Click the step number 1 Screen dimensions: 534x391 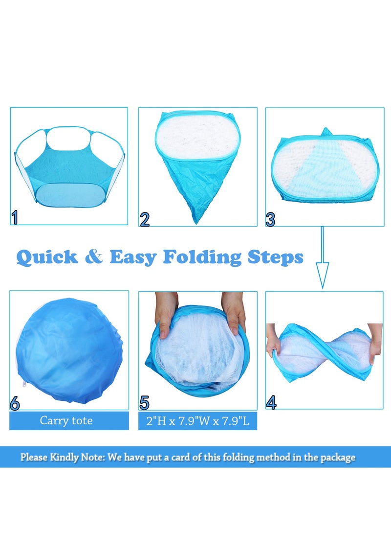click(15, 217)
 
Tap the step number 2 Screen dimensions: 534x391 click(145, 219)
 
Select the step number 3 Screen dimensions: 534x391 click(271, 219)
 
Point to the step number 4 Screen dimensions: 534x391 click(271, 402)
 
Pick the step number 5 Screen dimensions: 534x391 click(144, 403)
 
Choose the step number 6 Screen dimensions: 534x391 click(15, 403)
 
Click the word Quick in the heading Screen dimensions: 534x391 click(47, 257)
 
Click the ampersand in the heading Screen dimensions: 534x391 click(94, 257)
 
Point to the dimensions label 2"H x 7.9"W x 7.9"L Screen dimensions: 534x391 click(197, 421)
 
